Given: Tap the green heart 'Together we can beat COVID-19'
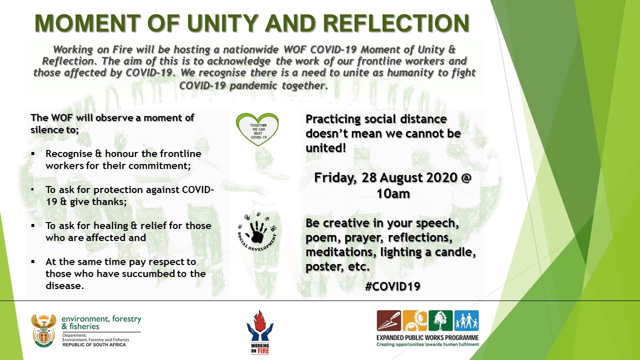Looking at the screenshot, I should [x=257, y=129].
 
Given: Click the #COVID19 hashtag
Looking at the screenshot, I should [x=392, y=286].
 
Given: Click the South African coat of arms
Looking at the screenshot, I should [x=43, y=330].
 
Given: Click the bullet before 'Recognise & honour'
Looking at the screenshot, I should [x=33, y=154].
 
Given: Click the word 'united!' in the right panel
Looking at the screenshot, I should [x=325, y=148].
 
